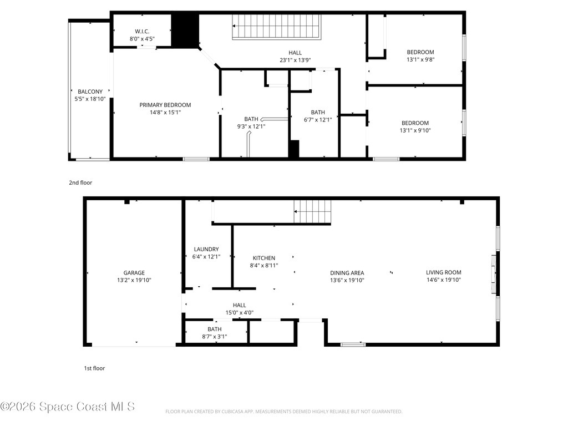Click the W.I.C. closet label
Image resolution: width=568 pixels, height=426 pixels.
tap(142, 32)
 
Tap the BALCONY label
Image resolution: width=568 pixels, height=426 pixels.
tap(90, 92)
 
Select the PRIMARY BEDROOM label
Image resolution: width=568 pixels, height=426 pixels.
tap(165, 105)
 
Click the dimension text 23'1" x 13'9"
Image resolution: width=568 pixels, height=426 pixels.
tap(295, 60)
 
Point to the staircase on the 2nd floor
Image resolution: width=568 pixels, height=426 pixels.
tap(277, 27)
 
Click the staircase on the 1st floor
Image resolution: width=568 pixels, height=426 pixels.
tap(313, 211)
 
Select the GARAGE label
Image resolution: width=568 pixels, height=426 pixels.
tap(134, 273)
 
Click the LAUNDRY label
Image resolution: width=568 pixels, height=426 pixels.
tap(206, 249)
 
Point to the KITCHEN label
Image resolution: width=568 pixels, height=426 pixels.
tap(263, 258)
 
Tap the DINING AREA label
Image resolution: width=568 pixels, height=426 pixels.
tap(347, 273)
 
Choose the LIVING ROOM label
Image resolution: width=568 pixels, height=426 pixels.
tap(443, 272)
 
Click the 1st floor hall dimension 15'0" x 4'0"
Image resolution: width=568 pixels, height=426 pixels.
tap(240, 313)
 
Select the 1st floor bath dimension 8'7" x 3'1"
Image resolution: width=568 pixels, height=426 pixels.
tap(215, 337)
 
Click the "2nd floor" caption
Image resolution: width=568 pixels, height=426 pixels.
tap(80, 182)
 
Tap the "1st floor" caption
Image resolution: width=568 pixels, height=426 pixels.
tap(94, 368)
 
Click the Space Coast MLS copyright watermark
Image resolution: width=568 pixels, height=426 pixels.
tap(68, 407)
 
